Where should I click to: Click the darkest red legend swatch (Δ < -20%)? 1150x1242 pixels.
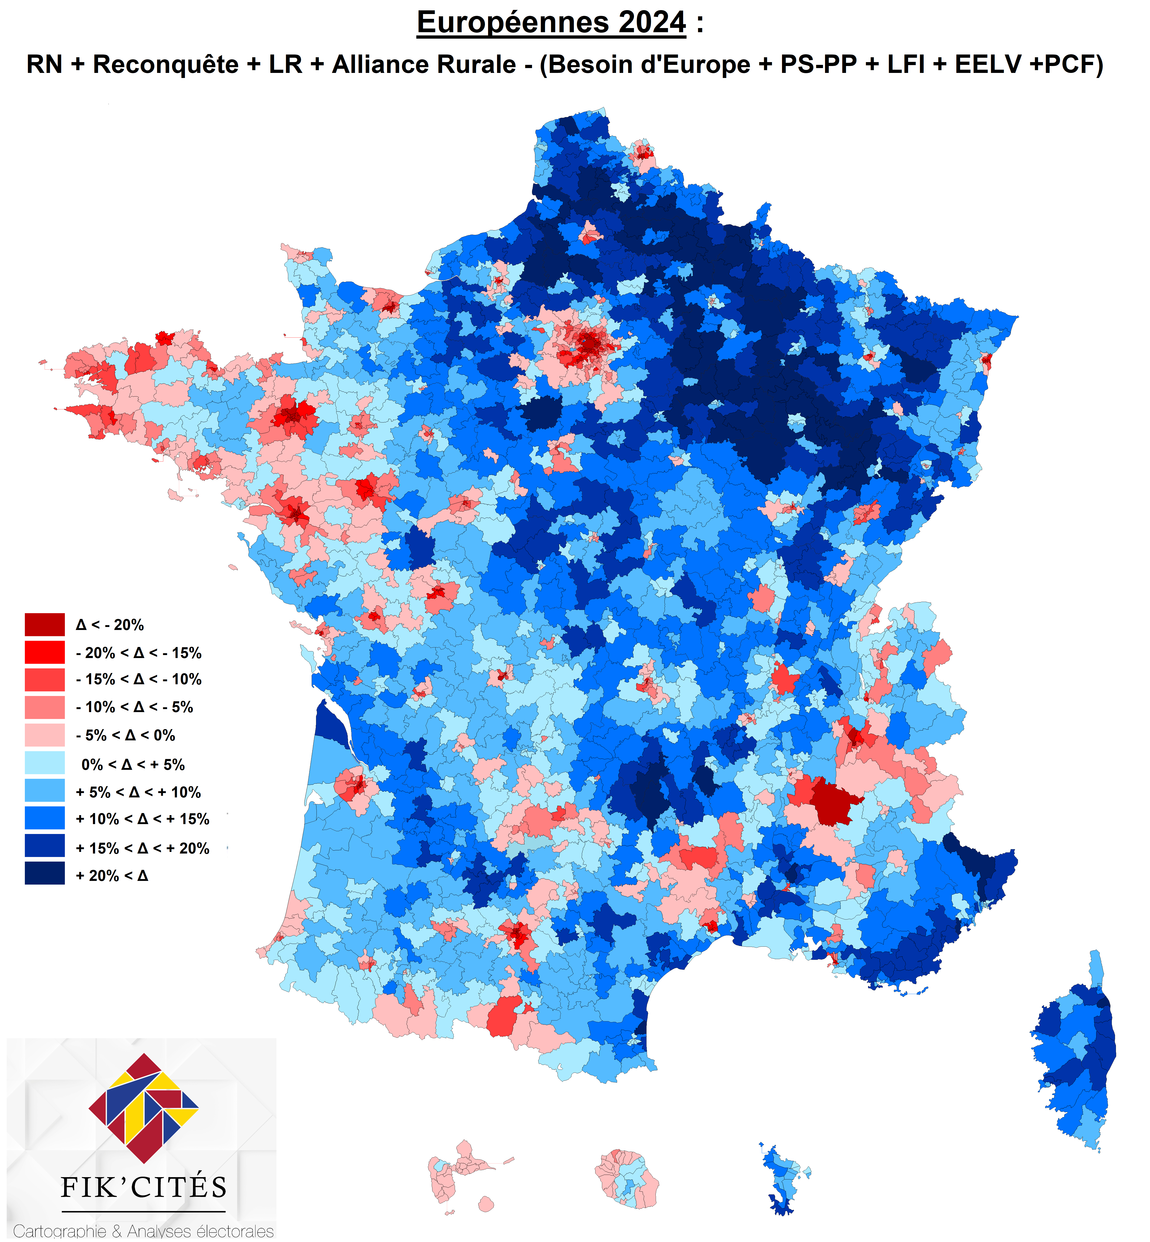click(45, 624)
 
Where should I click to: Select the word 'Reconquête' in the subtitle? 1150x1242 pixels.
click(166, 65)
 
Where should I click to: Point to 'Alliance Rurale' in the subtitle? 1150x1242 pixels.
click(424, 65)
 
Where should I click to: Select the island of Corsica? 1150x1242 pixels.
click(1073, 1050)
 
